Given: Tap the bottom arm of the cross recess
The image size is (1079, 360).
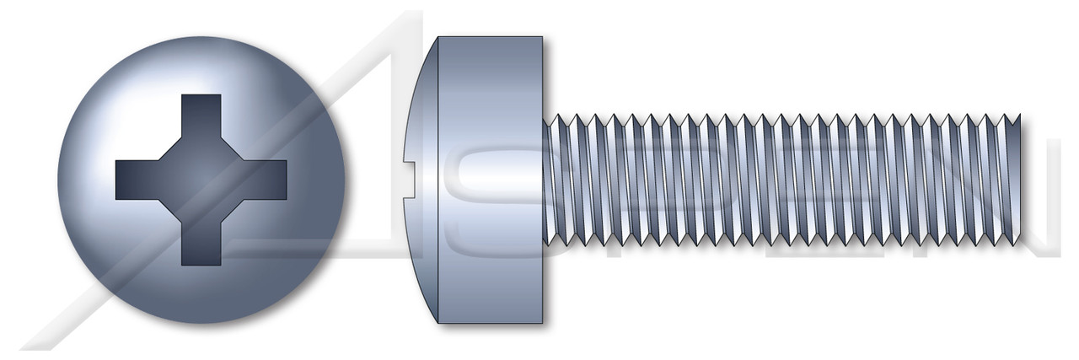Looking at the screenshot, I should [x=201, y=244].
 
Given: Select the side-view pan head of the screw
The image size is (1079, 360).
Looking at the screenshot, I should [x=485, y=179].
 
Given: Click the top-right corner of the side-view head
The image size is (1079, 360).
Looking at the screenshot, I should [x=542, y=38].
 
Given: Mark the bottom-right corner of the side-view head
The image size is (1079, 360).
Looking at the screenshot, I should [x=542, y=321].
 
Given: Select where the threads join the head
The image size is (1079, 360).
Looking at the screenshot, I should [x=545, y=179].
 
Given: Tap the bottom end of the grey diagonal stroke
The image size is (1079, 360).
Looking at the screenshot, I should [x=34, y=346].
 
